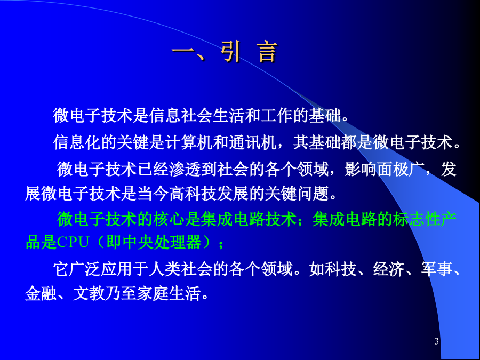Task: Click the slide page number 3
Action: [436, 341]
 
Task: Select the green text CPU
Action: [73, 242]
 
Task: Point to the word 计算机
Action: [189, 142]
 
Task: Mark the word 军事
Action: [436, 269]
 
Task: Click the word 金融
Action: [41, 293]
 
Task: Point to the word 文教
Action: [89, 293]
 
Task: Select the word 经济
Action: [388, 269]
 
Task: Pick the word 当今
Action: [153, 194]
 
